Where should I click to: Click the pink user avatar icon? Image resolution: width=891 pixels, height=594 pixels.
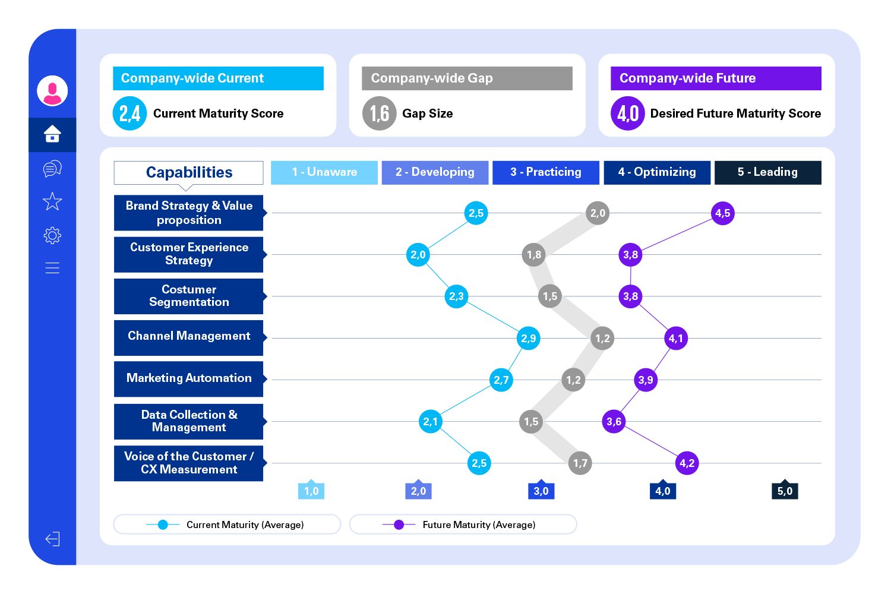pos(52,91)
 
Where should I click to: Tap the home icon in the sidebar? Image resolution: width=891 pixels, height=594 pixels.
pos(52,134)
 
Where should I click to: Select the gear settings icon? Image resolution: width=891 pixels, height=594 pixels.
pos(52,235)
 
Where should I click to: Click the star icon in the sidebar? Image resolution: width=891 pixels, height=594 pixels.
pos(52,201)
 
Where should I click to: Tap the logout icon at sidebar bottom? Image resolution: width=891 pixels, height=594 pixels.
pos(52,539)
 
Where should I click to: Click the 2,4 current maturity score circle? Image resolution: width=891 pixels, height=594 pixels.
pos(129,113)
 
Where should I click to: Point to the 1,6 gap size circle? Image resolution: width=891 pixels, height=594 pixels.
pos(379,113)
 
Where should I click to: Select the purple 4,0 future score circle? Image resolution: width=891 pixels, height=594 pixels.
pos(627,113)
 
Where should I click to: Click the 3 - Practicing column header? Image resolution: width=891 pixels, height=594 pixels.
pos(545,172)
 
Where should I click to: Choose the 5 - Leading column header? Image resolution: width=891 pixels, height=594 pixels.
pos(767,172)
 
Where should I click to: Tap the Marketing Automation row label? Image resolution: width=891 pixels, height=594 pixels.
pos(188,379)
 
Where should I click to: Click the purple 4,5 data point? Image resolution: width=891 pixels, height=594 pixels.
pos(722,213)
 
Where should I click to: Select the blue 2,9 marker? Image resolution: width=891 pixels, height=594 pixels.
pos(528,339)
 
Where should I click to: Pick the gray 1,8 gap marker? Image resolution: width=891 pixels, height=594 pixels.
pos(533,255)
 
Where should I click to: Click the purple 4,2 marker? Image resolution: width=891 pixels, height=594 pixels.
pos(687,463)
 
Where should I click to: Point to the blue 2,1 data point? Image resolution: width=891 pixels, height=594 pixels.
pos(430,422)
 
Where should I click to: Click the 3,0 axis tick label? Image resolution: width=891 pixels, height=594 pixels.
pos(541,491)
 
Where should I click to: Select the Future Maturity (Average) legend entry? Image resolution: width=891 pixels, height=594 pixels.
pos(463,525)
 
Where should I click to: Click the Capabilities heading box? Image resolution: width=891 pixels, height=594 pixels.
pos(188,172)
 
